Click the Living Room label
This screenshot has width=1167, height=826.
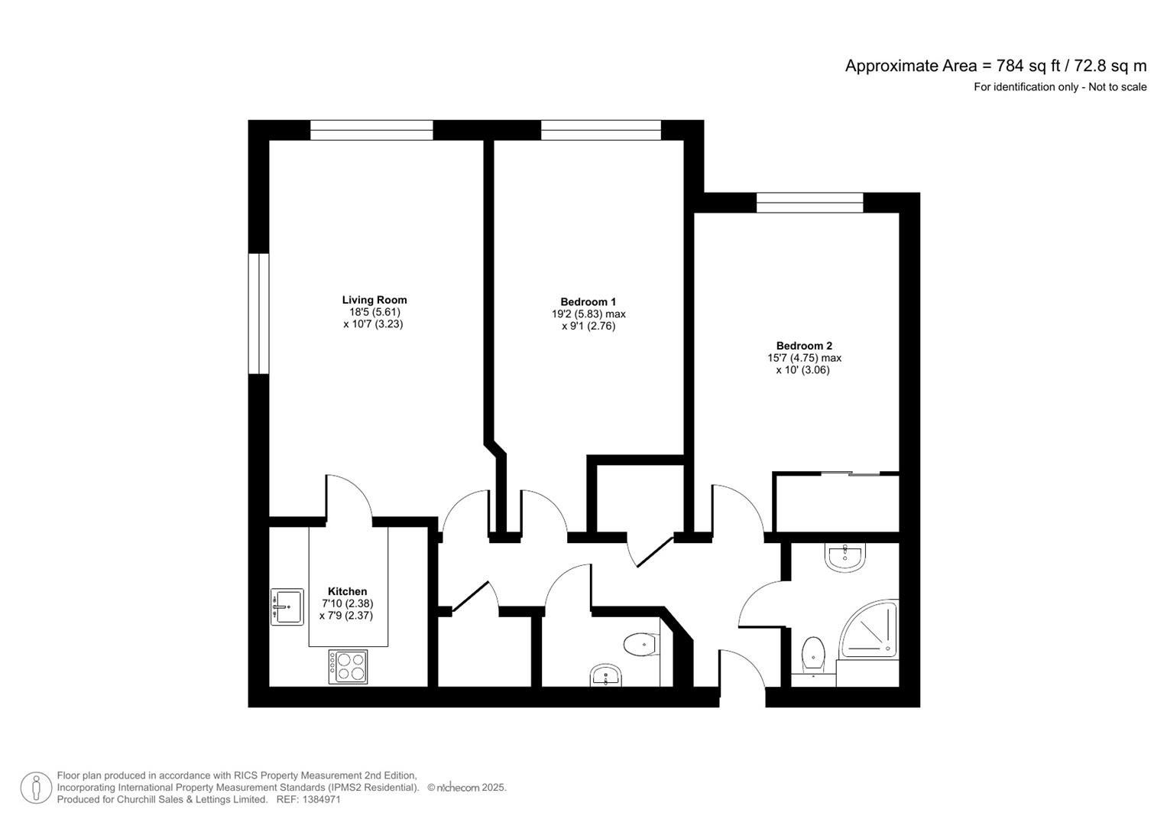click(374, 300)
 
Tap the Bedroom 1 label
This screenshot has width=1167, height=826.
click(588, 302)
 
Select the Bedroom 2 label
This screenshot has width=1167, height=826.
click(804, 346)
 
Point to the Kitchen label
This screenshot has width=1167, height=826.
click(347, 591)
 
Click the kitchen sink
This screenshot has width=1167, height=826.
click(287, 607)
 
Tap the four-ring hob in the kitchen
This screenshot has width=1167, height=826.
click(348, 666)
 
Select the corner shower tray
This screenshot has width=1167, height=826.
click(868, 629)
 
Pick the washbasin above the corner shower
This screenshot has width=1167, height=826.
click(845, 558)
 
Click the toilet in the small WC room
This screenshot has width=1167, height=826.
click(642, 646)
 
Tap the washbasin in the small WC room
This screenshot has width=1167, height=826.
click(605, 676)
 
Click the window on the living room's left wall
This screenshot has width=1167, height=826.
click(258, 314)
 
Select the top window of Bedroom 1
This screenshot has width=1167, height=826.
click(601, 130)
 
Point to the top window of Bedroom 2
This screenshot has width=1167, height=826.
click(809, 203)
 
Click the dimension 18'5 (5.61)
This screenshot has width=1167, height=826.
click(374, 312)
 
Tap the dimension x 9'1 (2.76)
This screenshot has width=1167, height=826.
click(588, 327)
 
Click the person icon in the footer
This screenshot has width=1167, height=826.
click(36, 788)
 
